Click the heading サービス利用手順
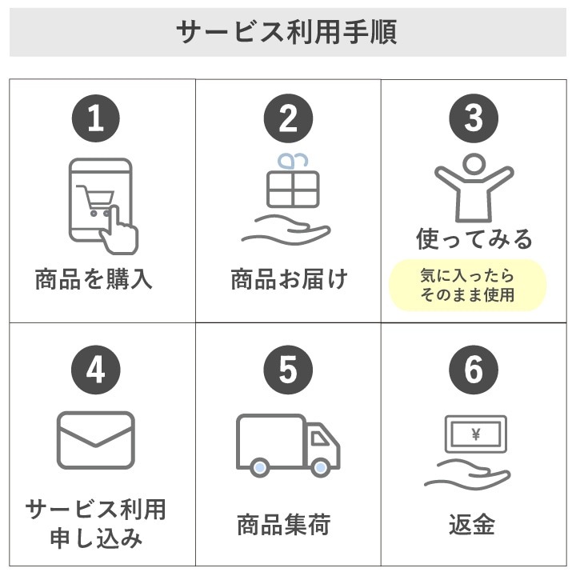(x=287, y=33)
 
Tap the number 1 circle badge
(x=96, y=119)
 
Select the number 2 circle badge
(x=287, y=119)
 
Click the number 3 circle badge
(x=474, y=119)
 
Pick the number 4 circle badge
(x=96, y=370)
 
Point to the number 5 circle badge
(x=287, y=370)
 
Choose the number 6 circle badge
(x=474, y=370)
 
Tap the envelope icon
(x=96, y=440)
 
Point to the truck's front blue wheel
(x=321, y=467)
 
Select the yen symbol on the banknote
(x=476, y=435)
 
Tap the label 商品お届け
(x=289, y=280)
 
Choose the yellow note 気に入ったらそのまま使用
(x=468, y=286)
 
